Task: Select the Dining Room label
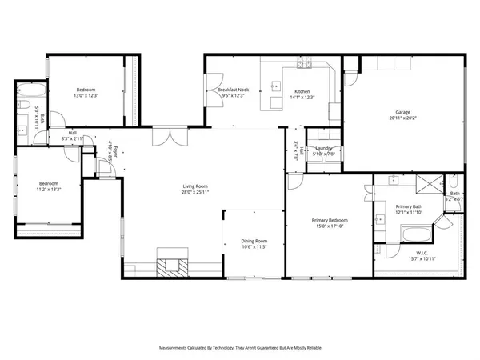point(254,241)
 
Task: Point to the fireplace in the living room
point(172,267)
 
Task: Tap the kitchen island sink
point(276,82)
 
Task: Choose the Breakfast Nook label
point(233,90)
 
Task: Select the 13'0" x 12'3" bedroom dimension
point(86,96)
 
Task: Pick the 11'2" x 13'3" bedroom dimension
point(48,190)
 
